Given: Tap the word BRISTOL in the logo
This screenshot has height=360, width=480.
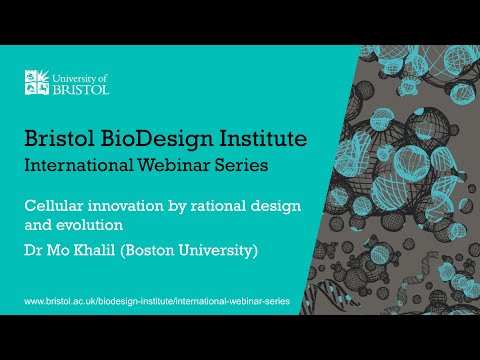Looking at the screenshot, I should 82,89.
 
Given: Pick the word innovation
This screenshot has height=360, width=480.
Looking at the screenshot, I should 122,205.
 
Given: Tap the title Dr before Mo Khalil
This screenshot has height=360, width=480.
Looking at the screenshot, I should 35,250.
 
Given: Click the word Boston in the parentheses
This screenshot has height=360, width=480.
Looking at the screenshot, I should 155,250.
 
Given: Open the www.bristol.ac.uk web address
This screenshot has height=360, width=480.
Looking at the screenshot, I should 148,299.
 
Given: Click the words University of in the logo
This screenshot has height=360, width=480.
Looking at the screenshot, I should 83,76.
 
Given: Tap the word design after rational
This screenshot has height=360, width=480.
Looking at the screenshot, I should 271,205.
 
